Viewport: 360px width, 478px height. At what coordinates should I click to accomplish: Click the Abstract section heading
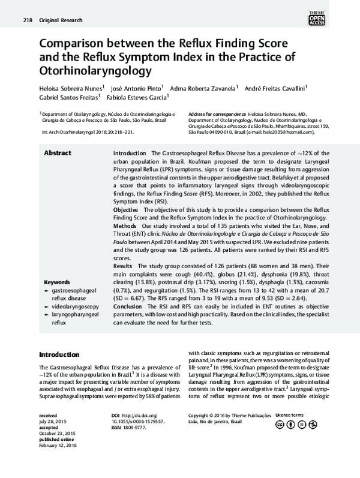click(58, 154)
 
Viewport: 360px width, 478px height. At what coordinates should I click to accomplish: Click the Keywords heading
click(58, 281)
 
